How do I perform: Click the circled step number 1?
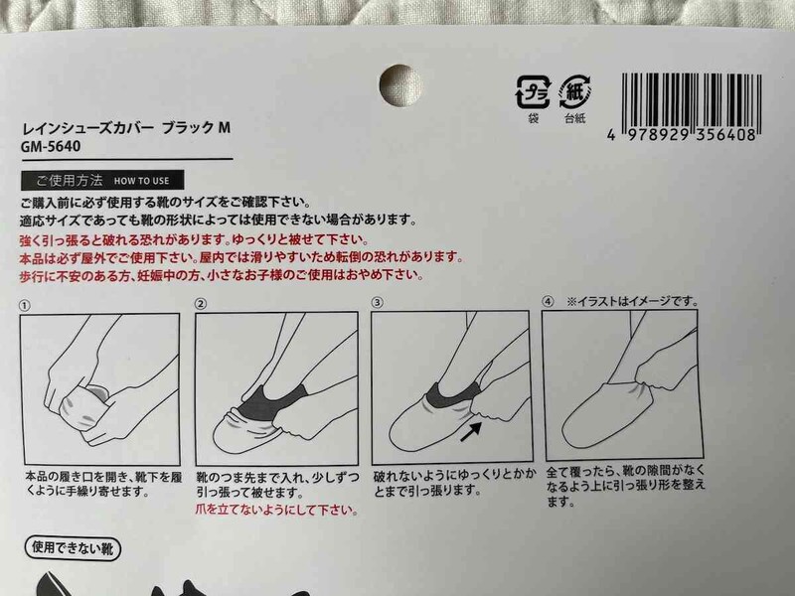click(x=26, y=303)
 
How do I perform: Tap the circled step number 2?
click(x=201, y=303)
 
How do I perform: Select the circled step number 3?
click(x=377, y=303)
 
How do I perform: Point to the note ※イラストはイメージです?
click(x=632, y=301)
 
